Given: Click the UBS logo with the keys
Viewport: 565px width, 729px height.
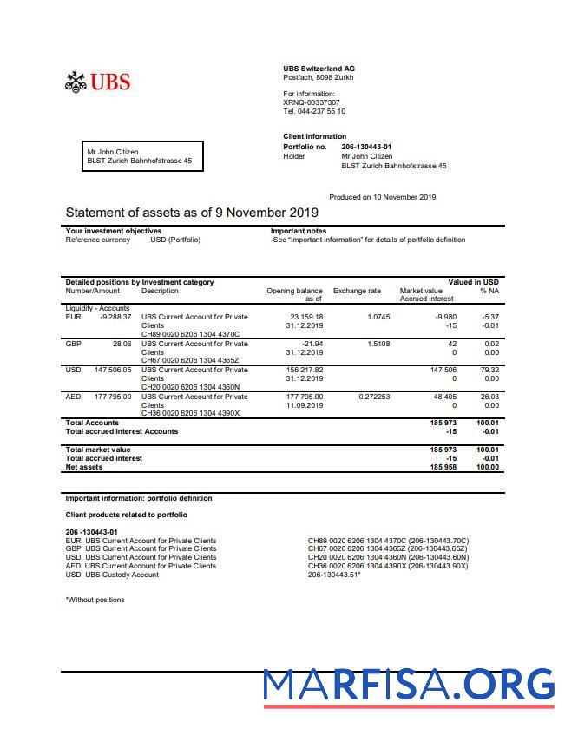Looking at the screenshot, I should [x=97, y=82].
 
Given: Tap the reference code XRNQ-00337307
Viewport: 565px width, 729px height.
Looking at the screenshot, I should [x=312, y=102].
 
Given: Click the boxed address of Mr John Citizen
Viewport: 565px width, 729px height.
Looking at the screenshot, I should [x=142, y=156].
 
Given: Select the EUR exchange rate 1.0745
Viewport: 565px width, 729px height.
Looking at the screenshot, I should [x=377, y=317].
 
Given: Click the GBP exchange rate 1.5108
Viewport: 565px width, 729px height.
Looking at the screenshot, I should [x=378, y=344].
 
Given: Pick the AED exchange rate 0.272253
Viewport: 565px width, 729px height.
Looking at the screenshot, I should [x=374, y=397].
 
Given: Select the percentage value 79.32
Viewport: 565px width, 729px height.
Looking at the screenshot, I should [x=489, y=370].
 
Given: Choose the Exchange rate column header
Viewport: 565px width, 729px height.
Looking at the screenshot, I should [x=357, y=291].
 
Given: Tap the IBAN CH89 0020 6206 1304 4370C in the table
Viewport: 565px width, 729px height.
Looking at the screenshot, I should [x=190, y=334].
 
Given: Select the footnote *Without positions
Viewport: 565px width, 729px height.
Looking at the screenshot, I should [x=95, y=600].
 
